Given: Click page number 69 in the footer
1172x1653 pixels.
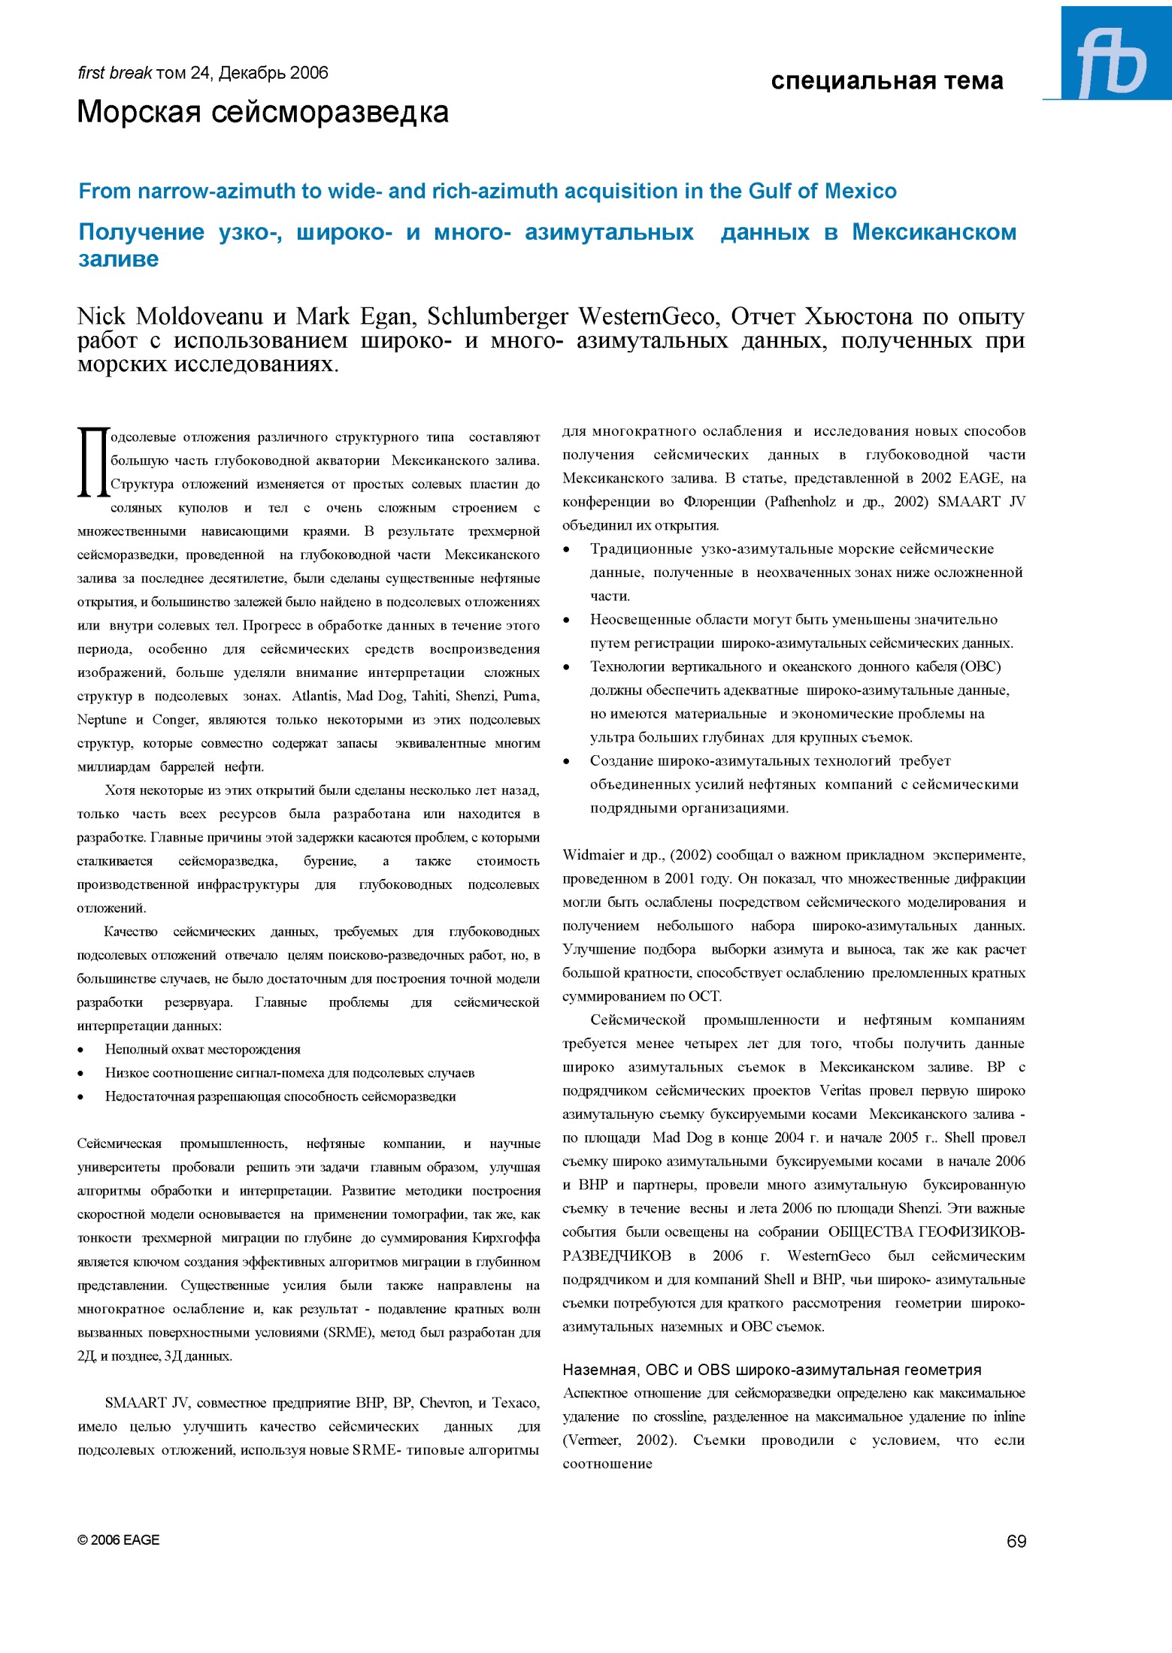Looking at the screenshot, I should [x=1016, y=1541].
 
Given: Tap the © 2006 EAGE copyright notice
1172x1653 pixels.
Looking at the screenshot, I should [x=118, y=1540].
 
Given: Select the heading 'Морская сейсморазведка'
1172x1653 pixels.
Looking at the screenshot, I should [x=262, y=113].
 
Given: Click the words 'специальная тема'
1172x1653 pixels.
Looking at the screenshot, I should [x=886, y=80].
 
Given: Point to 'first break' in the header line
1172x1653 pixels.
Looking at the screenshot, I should [x=114, y=73].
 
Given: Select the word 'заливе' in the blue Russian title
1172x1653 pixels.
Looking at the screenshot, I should [x=118, y=259].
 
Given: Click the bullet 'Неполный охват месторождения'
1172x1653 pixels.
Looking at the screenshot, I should [x=202, y=1049].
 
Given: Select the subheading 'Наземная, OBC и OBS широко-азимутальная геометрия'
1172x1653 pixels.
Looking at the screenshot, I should [x=771, y=1369].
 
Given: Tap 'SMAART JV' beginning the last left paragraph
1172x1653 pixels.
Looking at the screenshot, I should [x=147, y=1402].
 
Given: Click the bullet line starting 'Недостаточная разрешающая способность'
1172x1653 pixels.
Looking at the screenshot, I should [x=280, y=1096].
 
